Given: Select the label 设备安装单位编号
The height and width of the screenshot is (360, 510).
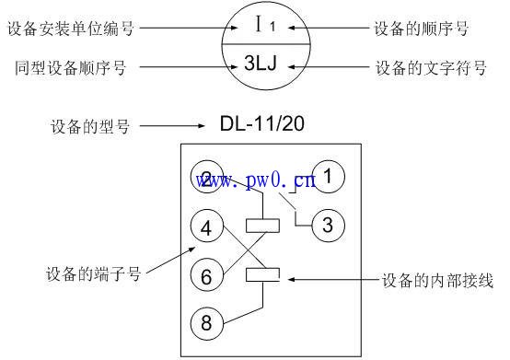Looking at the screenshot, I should click(70, 29).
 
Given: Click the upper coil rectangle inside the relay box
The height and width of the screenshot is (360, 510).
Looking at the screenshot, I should click(263, 224).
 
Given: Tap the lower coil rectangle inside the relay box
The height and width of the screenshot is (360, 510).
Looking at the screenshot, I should click(263, 273).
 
